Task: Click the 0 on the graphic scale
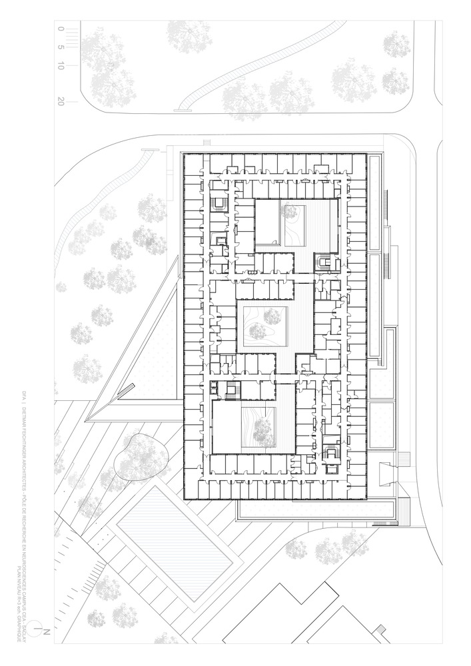click(x=61, y=29)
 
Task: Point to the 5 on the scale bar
click(x=61, y=47)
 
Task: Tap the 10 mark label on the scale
click(x=61, y=66)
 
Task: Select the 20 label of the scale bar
click(x=61, y=102)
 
